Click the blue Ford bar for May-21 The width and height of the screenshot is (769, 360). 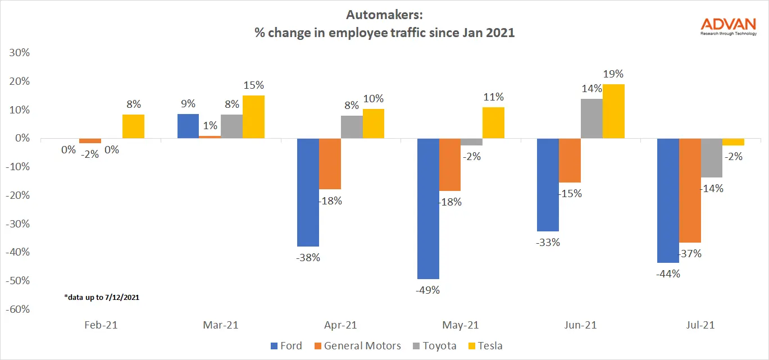[428, 208]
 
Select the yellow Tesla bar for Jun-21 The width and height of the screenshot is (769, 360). [613, 111]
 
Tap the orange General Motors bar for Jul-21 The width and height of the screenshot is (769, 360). [690, 190]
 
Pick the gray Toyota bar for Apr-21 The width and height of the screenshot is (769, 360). [352, 127]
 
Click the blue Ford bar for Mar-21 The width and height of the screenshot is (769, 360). [188, 126]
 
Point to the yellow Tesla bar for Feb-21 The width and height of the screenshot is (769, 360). [134, 126]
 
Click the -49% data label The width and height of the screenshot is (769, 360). [428, 290]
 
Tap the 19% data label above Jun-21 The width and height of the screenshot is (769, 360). [613, 74]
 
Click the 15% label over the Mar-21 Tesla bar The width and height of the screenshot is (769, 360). [253, 85]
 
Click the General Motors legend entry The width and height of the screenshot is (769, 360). [358, 345]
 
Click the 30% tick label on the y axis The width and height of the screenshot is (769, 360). [19, 53]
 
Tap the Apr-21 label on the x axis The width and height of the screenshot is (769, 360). [340, 325]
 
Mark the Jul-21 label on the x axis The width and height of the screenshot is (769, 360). [700, 325]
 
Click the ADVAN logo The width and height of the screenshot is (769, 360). [729, 26]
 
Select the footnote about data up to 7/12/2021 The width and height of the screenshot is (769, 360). [101, 297]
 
